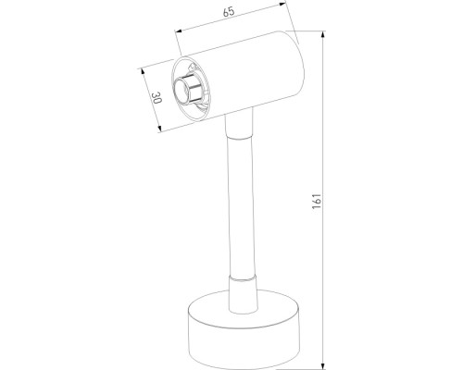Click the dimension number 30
(157, 100)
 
